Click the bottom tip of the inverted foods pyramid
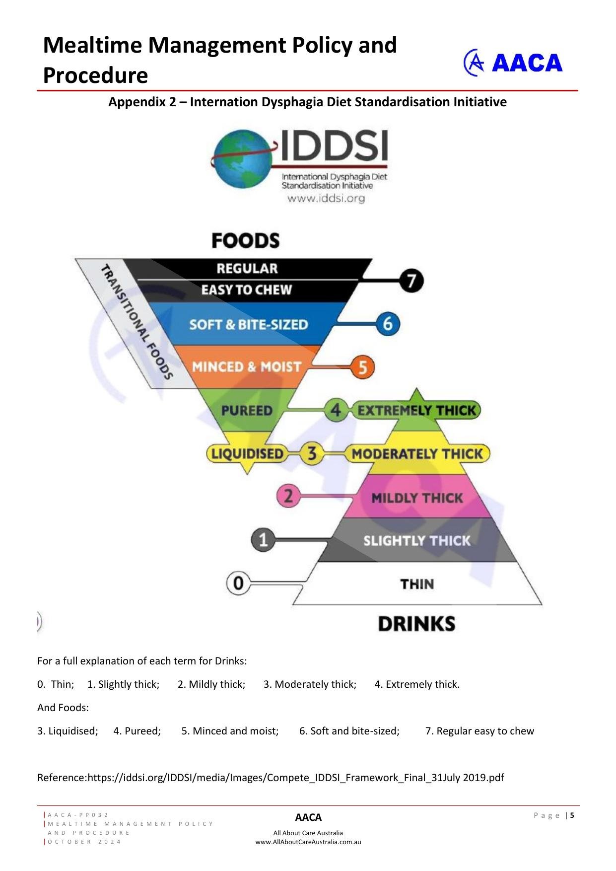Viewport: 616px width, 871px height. click(247, 474)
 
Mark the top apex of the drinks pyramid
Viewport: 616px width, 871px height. click(416, 389)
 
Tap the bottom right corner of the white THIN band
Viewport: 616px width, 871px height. click(542, 604)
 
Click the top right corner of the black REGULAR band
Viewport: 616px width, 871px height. click(372, 259)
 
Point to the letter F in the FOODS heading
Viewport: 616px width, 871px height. click(217, 241)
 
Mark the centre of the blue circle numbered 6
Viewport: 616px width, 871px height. click(388, 324)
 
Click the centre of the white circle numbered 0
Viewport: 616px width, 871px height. click(238, 583)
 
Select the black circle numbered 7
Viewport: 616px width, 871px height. click(411, 281)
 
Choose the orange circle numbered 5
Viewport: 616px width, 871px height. click(363, 367)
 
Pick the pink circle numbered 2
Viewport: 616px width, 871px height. click(288, 496)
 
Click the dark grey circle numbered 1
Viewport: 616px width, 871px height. click(263, 540)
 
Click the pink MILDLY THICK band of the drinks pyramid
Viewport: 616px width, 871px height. click(417, 497)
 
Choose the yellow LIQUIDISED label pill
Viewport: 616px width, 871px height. click(247, 453)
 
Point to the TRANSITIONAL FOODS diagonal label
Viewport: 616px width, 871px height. click(137, 322)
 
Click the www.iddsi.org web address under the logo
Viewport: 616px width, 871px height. click(326, 199)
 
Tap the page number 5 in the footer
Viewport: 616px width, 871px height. click(572, 815)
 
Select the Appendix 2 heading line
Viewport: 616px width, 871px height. click(308, 102)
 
